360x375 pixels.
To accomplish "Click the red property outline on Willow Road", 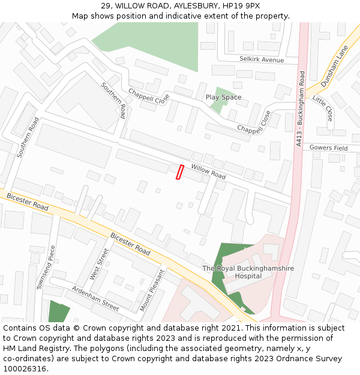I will point(179,172).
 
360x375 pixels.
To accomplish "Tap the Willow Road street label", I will point(208,172).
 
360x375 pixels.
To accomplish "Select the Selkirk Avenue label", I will point(261,60).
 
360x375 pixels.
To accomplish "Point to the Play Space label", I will point(223,97).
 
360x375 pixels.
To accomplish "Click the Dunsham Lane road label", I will point(334,66).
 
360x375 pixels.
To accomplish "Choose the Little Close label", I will point(323,107).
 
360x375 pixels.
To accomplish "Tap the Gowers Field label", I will point(329,148).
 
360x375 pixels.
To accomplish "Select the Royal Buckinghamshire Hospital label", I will point(248,272).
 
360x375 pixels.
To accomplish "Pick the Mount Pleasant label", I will point(152,290).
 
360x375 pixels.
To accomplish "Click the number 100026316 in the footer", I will point(24,368).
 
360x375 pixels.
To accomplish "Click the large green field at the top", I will point(150,42).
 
